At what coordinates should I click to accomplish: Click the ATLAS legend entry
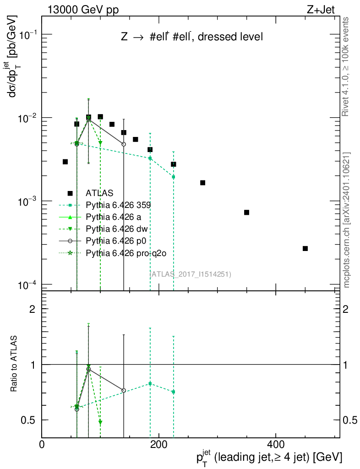(100, 193)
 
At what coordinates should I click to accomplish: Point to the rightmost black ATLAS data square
(305, 248)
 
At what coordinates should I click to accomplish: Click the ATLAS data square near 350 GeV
(246, 213)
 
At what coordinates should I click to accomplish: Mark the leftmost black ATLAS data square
(65, 162)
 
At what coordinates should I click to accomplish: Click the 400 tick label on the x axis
(275, 444)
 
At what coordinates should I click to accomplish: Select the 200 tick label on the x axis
(158, 444)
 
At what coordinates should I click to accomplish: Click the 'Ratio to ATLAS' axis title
(15, 364)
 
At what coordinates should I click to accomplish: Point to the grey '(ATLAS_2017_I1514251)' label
(190, 274)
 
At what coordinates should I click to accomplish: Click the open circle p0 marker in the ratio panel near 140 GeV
(124, 390)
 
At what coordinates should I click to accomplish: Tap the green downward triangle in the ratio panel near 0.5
(100, 422)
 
